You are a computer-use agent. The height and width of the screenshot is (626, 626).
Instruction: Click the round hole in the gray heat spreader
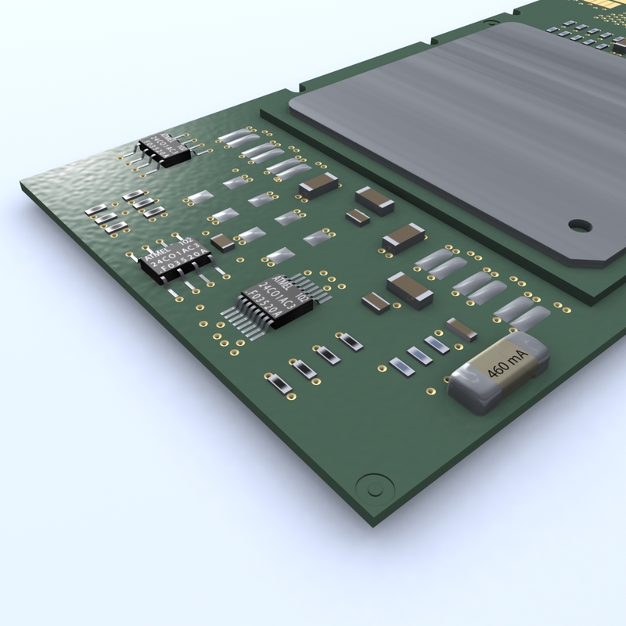[x=577, y=226]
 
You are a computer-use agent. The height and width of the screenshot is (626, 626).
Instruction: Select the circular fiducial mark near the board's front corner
[x=368, y=485]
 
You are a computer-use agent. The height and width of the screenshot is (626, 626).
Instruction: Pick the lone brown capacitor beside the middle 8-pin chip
[x=222, y=242]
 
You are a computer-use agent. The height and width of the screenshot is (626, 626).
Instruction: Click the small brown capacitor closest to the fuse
[x=461, y=329]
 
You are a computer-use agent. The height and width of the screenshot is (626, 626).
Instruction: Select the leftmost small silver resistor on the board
[x=92, y=211]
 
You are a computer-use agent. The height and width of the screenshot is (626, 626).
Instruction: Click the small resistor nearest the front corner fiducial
[x=275, y=383]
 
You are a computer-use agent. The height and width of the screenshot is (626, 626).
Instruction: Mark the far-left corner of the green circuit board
[x=22, y=185]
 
